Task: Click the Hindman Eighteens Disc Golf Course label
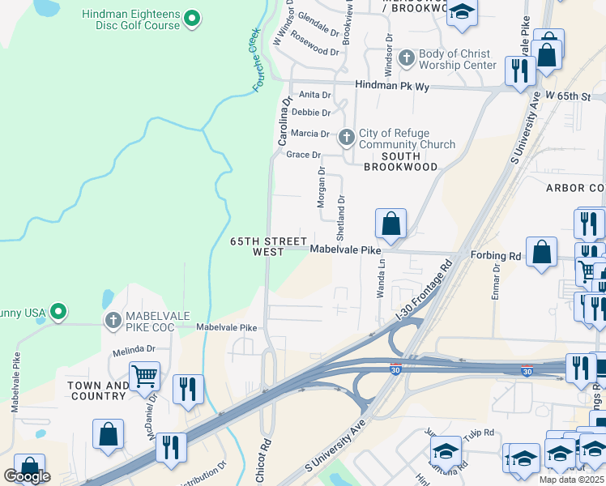coord(130,19)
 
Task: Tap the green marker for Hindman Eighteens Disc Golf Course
coord(192,17)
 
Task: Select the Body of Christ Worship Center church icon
coord(408,54)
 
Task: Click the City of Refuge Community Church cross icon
coord(347,138)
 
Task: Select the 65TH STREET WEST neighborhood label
coord(258,247)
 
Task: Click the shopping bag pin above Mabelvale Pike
coord(390,224)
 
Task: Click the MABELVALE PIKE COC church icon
coord(113,322)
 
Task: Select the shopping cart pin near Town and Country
coord(144,375)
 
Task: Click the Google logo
coord(27,476)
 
